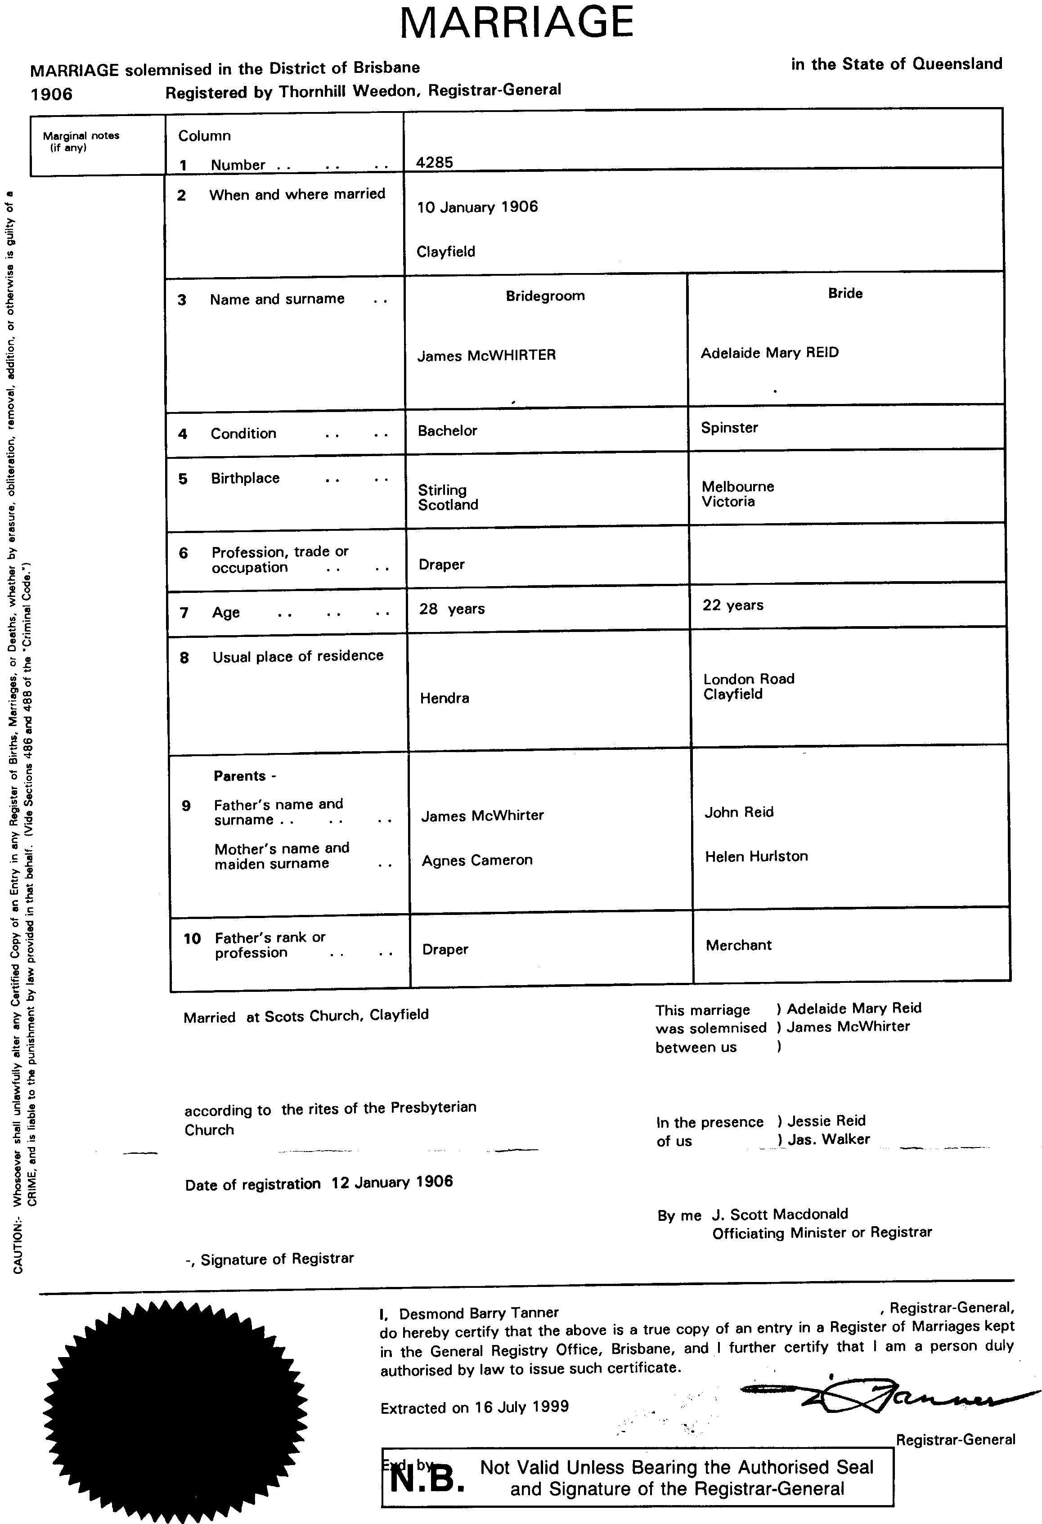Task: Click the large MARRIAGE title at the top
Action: pos(517,23)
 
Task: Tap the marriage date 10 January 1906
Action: pos(477,207)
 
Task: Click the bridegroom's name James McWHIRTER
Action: pos(486,355)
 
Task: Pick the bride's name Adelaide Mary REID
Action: pos(769,353)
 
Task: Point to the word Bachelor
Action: pos(447,431)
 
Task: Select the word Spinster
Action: pos(729,428)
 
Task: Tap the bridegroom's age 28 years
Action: pos(452,609)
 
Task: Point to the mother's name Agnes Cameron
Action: pos(477,861)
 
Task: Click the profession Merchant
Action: pos(738,945)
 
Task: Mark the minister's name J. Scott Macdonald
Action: pos(780,1214)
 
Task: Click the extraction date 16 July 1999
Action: pos(521,1407)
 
